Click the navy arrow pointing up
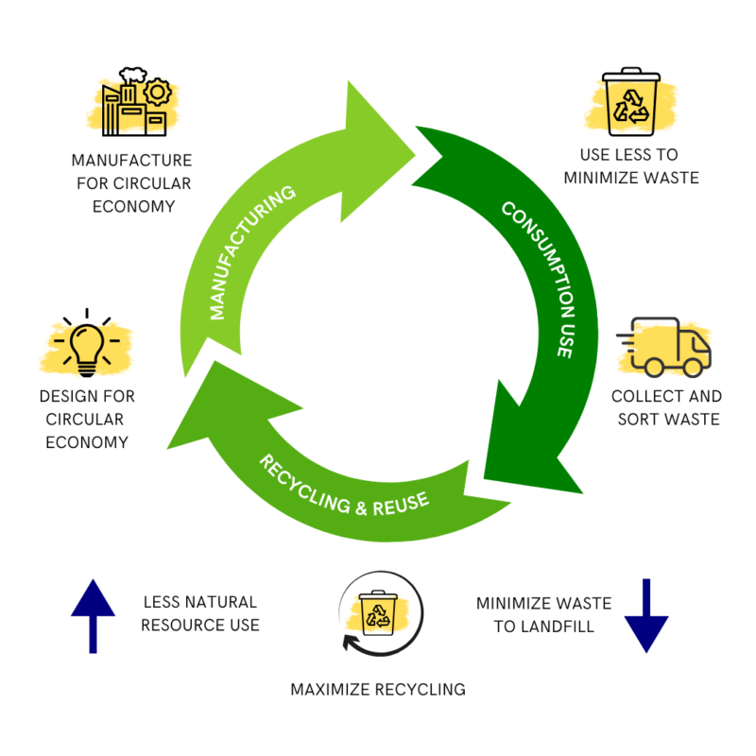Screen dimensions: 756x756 tap(93, 614)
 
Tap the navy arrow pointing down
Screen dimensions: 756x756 tap(646, 615)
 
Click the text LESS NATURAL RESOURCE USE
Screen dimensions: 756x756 tap(200, 613)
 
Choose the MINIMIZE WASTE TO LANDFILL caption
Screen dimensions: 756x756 tap(543, 614)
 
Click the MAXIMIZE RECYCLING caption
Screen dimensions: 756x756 tap(378, 689)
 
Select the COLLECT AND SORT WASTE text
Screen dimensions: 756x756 tap(666, 407)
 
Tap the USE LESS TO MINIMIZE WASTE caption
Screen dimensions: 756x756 tap(630, 165)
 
